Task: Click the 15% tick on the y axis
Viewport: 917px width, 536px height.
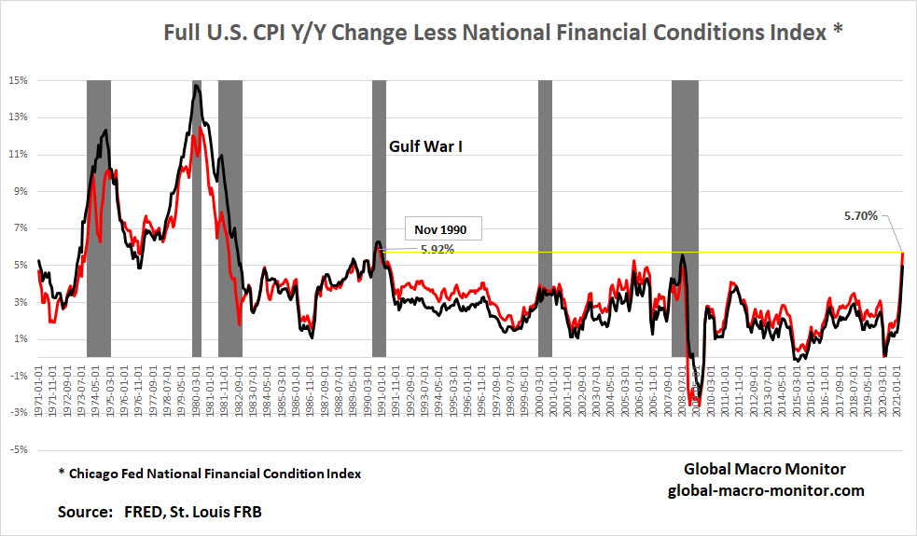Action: [x=19, y=80]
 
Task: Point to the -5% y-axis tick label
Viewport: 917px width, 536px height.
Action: [x=19, y=449]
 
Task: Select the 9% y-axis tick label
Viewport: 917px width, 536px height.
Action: [x=19, y=191]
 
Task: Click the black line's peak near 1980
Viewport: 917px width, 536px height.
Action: [x=197, y=86]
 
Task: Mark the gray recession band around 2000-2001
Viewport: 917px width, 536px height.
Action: [x=545, y=218]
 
